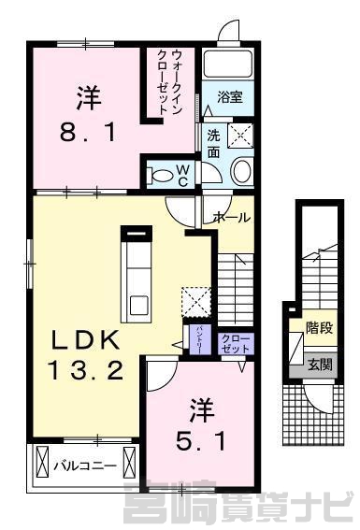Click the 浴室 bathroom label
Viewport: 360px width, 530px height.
(x=229, y=97)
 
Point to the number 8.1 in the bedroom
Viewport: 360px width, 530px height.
(x=88, y=132)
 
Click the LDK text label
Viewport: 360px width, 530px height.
(x=85, y=340)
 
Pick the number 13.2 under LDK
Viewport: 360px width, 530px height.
(x=85, y=369)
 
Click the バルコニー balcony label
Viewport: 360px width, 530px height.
(x=85, y=466)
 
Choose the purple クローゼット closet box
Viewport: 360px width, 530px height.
(x=236, y=344)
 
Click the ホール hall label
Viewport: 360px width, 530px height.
(x=231, y=218)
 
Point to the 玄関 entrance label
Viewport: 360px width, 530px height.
(x=320, y=365)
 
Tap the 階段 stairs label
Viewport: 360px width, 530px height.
(x=320, y=328)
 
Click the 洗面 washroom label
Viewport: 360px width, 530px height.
(x=213, y=144)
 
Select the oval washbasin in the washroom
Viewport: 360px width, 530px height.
(x=242, y=171)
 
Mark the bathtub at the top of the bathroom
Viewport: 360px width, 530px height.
(x=229, y=64)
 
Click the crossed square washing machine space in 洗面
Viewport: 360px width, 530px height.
(x=240, y=136)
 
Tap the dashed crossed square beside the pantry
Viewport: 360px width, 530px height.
(x=196, y=302)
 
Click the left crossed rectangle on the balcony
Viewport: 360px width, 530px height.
(x=42, y=462)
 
